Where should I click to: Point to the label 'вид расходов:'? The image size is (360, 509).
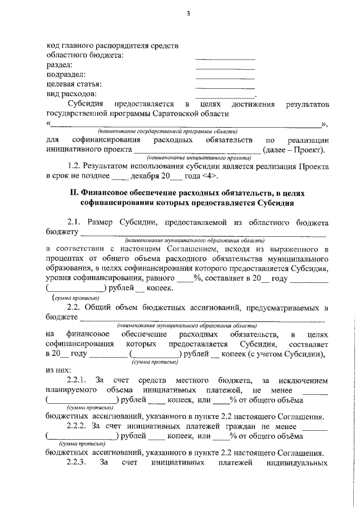(71, 94)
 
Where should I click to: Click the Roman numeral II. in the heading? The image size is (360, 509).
(74, 193)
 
